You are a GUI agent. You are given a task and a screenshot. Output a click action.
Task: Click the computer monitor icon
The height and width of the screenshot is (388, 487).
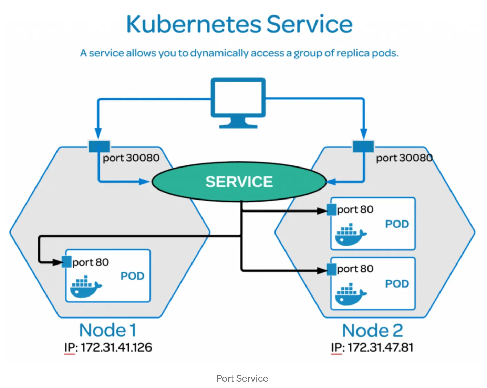pyautogui.click(x=238, y=101)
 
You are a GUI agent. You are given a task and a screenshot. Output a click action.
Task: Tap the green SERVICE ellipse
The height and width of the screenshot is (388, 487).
pyautogui.click(x=239, y=182)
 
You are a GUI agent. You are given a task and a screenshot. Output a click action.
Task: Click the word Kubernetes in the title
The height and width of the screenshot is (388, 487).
pyautogui.click(x=194, y=24)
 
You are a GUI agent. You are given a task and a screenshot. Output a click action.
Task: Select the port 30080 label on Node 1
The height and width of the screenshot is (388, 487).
pyautogui.click(x=131, y=158)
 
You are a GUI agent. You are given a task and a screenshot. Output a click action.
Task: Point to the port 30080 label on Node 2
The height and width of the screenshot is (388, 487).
pyautogui.click(x=404, y=158)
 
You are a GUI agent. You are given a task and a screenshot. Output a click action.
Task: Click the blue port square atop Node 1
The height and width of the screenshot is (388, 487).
pyautogui.click(x=99, y=146)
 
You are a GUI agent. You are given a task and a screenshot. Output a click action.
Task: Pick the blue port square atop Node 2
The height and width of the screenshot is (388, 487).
pyautogui.click(x=363, y=146)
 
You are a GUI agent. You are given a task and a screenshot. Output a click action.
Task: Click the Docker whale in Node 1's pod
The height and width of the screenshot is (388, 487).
pyautogui.click(x=86, y=287)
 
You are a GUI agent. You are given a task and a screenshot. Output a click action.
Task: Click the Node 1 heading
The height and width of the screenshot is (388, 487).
pyautogui.click(x=108, y=330)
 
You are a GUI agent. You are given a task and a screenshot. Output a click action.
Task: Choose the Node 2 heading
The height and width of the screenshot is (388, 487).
pyautogui.click(x=372, y=331)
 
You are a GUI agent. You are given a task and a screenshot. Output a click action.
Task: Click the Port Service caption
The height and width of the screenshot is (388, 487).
pyautogui.click(x=242, y=379)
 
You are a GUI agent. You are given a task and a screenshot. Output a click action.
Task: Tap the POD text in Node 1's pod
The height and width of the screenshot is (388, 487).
pyautogui.click(x=132, y=276)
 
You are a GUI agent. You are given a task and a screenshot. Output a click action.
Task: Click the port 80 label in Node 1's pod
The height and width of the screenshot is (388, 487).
pyautogui.click(x=91, y=262)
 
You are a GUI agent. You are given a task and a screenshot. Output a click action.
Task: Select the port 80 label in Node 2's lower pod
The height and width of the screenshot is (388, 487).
pyautogui.click(x=355, y=269)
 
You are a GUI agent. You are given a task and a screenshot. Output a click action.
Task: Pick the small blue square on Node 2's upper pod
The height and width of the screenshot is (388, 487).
pyautogui.click(x=331, y=209)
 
